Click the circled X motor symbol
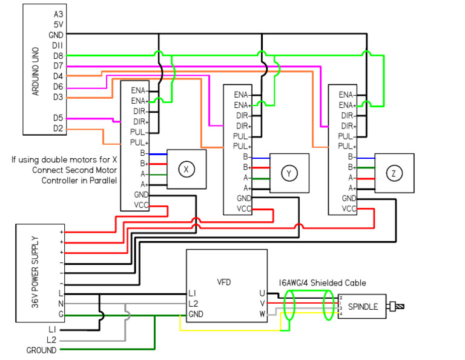click(x=186, y=170)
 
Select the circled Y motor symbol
click(x=289, y=173)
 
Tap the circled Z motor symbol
click(x=394, y=173)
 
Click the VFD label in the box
click(x=224, y=282)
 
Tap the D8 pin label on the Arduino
click(x=58, y=56)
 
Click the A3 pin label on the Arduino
click(x=58, y=14)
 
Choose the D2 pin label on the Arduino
click(x=58, y=128)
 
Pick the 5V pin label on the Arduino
click(x=58, y=24)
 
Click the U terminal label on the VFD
click(x=262, y=293)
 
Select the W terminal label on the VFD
click(x=262, y=314)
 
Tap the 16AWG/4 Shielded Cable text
click(x=322, y=282)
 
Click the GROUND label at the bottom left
click(x=41, y=350)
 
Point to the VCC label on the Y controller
click(x=244, y=209)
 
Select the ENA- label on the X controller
click(x=140, y=90)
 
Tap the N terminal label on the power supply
click(x=61, y=303)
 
